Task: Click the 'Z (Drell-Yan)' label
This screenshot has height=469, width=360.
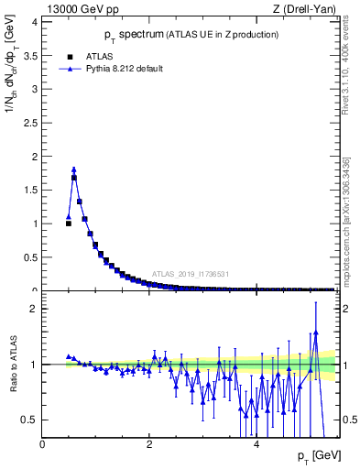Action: click(x=306, y=8)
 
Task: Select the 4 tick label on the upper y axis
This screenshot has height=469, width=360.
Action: click(x=35, y=22)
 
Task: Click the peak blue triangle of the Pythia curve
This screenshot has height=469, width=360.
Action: click(x=73, y=169)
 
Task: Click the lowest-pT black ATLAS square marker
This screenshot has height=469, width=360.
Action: click(x=68, y=224)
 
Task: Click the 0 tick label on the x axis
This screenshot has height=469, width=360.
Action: click(x=42, y=444)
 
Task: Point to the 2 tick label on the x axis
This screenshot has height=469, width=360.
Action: click(x=148, y=444)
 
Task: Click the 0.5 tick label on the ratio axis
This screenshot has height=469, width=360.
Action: click(x=30, y=420)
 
